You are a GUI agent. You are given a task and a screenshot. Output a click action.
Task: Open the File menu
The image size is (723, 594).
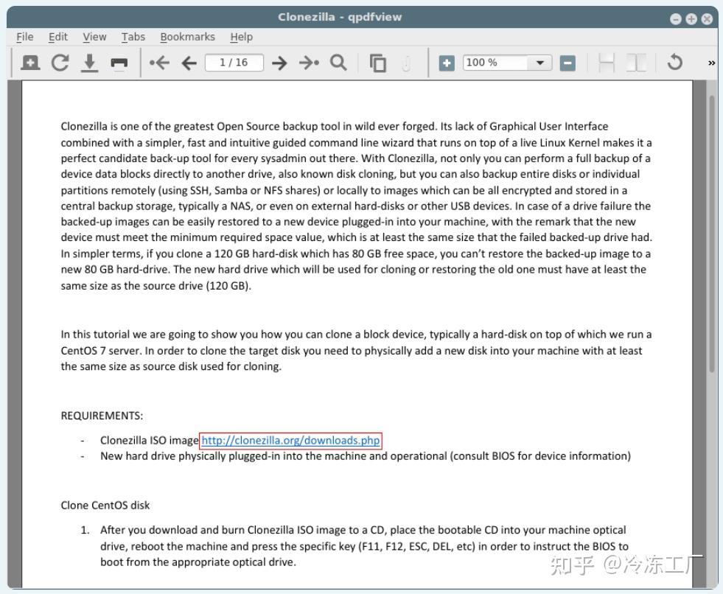24,37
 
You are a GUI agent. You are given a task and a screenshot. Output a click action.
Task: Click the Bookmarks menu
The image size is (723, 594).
187,37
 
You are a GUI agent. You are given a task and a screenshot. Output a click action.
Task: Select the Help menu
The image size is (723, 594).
241,37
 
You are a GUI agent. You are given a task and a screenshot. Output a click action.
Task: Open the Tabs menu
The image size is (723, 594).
133,37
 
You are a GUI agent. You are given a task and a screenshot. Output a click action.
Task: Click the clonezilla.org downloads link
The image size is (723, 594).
291,441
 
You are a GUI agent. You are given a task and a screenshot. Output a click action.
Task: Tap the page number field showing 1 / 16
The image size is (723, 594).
234,63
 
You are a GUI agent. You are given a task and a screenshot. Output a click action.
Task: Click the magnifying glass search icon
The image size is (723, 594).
338,63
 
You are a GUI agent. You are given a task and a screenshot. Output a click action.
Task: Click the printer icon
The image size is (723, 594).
119,63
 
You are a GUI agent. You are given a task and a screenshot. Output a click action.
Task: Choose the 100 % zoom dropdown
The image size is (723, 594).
507,63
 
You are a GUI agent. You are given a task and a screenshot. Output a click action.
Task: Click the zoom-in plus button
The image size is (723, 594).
447,63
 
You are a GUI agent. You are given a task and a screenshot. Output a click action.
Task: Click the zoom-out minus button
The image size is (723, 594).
567,63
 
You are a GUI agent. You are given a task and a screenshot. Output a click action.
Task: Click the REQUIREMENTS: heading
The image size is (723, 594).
102,416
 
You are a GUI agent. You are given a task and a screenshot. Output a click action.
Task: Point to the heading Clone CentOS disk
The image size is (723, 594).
105,505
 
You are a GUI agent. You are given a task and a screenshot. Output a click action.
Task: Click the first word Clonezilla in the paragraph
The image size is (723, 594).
84,126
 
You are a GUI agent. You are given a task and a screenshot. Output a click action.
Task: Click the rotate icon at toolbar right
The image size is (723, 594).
674,63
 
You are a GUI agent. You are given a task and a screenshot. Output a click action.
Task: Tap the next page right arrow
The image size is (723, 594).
279,63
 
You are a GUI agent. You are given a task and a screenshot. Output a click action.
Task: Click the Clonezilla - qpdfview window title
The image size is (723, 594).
340,17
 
